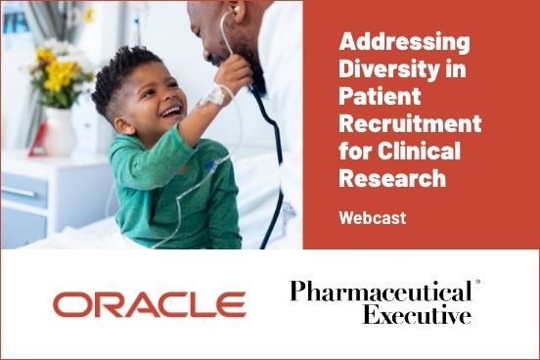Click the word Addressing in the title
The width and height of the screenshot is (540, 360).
[404, 42]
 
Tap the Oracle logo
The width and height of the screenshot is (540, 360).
[149, 305]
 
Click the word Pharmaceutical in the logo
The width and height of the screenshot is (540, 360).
[380, 292]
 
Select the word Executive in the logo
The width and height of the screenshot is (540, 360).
[417, 315]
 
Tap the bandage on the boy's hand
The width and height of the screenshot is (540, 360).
[214, 97]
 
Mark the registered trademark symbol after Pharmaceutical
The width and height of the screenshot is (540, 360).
[477, 283]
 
